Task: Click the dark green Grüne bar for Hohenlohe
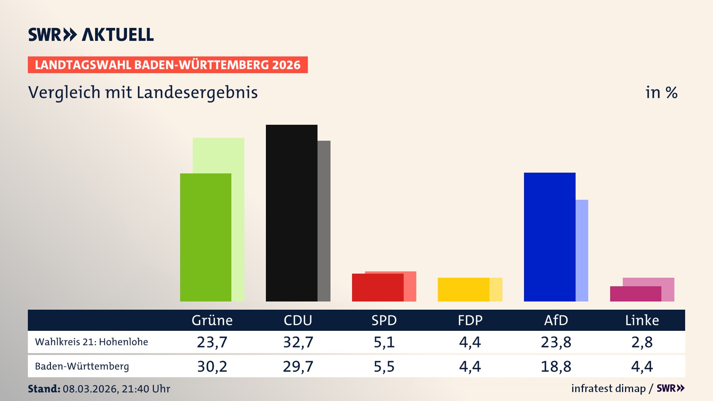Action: (x=205, y=238)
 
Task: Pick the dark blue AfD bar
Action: (x=550, y=238)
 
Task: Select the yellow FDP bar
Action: (x=463, y=290)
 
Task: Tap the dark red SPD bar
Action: (x=378, y=288)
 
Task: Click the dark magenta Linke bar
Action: (x=635, y=294)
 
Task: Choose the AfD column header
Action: (x=556, y=320)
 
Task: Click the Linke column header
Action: (x=642, y=320)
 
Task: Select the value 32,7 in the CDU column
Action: (x=298, y=342)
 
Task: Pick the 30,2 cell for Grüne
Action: (x=212, y=366)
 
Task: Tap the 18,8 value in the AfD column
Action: (x=556, y=366)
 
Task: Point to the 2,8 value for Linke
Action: (x=642, y=342)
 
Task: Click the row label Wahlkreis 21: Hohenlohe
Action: (x=91, y=342)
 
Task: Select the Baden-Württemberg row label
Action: (x=82, y=366)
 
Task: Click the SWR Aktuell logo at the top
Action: (x=91, y=35)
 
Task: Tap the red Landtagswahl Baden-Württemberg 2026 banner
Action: (x=167, y=65)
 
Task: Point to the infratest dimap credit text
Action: (x=608, y=388)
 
